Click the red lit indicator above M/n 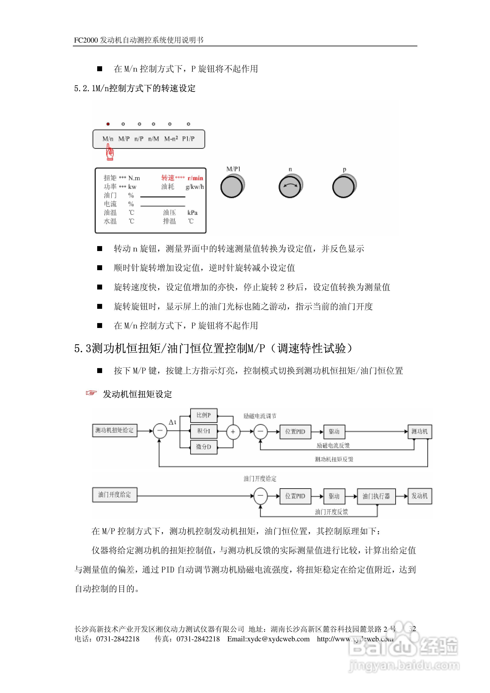coord(108,124)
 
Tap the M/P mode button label coord(124,139)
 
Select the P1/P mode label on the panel coord(188,139)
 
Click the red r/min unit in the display coord(195,178)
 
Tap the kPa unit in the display coord(192,213)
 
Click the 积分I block coord(204,431)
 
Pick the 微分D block coord(204,447)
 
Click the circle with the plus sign coord(233,432)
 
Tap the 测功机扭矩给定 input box coord(114,430)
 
